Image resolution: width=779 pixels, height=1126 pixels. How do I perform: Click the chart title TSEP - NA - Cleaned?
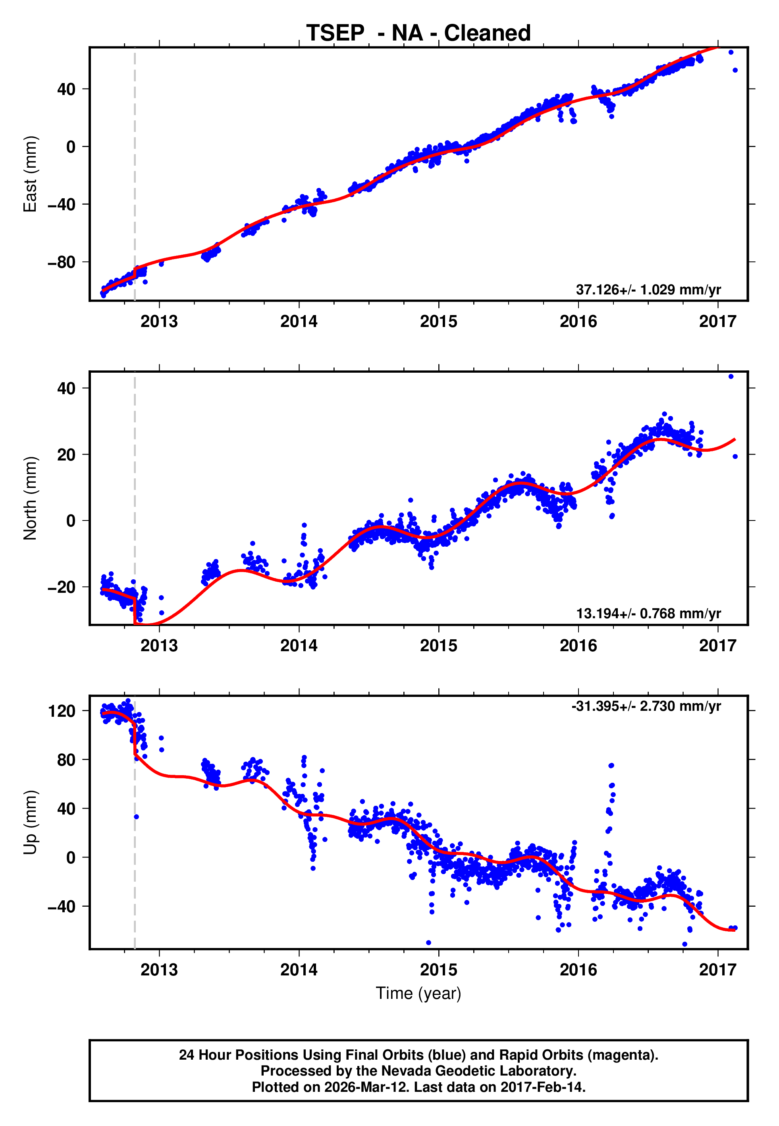[418, 33]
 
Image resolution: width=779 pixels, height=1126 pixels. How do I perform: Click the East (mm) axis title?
[30, 174]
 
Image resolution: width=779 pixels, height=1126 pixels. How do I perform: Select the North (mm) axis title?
[30, 498]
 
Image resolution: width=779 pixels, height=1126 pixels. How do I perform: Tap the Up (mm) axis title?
[30, 822]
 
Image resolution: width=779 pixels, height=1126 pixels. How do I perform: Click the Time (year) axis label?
[418, 993]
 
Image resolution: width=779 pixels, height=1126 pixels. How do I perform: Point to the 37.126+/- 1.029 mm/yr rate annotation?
[648, 290]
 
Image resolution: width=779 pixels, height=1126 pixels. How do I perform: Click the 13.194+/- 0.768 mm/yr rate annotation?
[648, 613]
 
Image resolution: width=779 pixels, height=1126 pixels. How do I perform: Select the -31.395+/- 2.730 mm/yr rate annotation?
[646, 706]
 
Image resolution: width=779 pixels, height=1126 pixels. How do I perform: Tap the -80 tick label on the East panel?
[61, 262]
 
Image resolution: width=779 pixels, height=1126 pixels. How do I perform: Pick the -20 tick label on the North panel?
[61, 587]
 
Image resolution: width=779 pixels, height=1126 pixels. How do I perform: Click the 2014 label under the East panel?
[299, 321]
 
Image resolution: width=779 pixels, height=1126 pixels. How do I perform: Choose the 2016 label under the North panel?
[578, 646]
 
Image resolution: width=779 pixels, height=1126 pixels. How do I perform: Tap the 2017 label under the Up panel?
[717, 970]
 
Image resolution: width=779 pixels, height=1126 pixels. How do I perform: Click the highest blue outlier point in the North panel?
[731, 377]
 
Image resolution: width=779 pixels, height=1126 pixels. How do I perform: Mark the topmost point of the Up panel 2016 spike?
[611, 766]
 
